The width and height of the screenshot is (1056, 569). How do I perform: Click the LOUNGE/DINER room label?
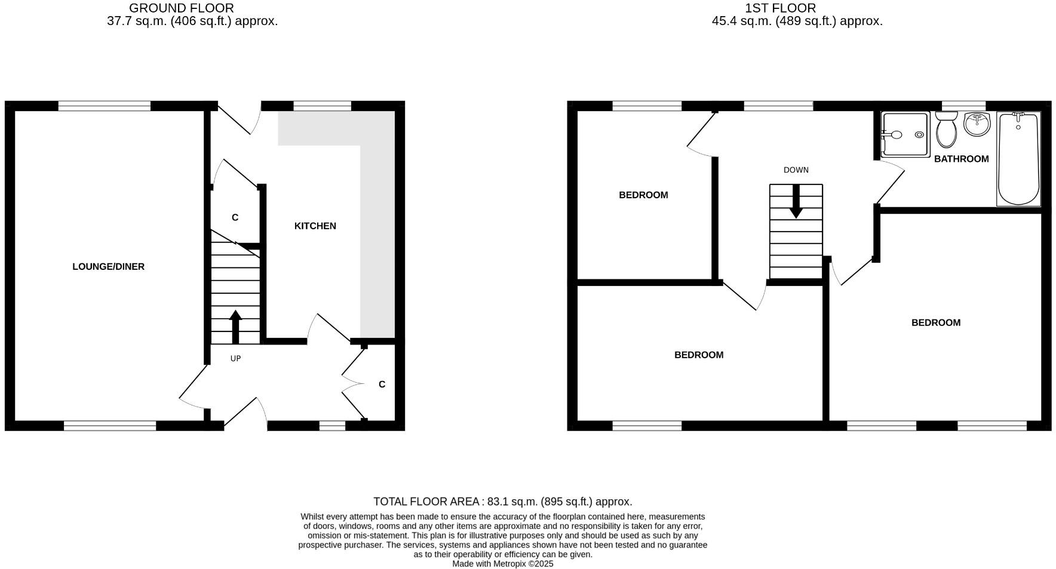pos(108,267)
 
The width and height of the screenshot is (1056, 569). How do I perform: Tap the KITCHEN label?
pos(315,226)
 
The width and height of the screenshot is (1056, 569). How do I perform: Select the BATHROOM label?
pos(961,159)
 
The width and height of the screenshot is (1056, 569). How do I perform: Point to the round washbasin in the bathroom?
pos(977,124)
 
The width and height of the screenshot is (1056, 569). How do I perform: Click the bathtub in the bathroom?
pos(1018,159)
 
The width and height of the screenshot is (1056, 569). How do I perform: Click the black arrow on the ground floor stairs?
pos(235,327)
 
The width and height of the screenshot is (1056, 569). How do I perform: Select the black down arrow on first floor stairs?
pos(796,202)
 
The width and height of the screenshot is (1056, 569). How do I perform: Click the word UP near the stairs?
pos(235,359)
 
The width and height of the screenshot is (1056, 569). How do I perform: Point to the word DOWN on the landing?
pos(796,170)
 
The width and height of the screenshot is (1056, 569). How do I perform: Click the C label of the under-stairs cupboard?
pos(235,217)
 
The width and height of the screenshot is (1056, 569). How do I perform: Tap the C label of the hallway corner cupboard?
pos(382,385)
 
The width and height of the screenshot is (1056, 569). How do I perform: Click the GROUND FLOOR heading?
pos(182,8)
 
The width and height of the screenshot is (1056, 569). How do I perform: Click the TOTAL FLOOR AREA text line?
pos(502,502)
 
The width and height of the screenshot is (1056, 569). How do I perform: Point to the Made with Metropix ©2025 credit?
pos(502,564)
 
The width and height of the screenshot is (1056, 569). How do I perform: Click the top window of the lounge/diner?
pos(105,106)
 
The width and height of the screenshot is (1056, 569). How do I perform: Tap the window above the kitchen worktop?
pos(322,106)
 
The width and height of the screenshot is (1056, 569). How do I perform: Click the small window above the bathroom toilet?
pos(963,106)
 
